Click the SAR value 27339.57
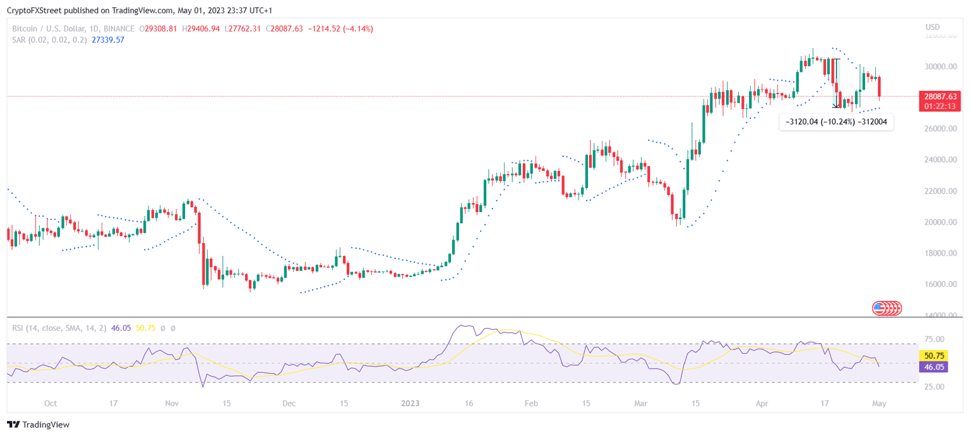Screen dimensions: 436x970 click(107, 40)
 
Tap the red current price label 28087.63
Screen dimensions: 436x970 click(940, 97)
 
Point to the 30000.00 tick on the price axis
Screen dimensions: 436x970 click(939, 67)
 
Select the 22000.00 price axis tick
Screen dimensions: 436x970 click(939, 191)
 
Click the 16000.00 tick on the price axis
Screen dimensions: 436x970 click(939, 285)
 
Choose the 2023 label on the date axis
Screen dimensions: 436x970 click(410, 403)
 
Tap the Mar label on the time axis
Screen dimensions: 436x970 click(641, 403)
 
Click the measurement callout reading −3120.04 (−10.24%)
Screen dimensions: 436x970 click(836, 122)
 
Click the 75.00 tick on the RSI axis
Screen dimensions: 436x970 click(935, 339)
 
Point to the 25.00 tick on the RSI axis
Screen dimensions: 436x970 click(935, 387)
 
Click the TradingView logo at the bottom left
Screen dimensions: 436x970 click(39, 425)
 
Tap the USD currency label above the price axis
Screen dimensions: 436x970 click(933, 27)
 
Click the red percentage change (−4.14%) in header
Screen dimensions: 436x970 click(357, 28)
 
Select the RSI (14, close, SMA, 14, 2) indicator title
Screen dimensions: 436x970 click(59, 328)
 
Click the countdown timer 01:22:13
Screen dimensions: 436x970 click(940, 106)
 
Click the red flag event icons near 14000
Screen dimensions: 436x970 click(887, 309)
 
